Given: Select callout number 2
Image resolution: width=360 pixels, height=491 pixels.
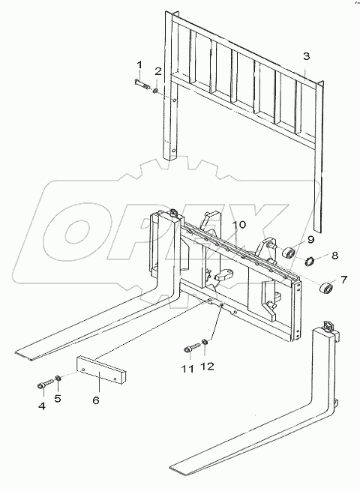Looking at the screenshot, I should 157,71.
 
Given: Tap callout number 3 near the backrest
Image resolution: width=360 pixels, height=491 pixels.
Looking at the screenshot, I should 306,56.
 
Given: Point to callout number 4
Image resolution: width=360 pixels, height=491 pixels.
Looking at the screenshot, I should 42,406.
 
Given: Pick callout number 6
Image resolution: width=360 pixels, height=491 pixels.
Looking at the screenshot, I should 96,400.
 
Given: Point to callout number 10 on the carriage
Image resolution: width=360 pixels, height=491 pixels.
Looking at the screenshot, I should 238,225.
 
